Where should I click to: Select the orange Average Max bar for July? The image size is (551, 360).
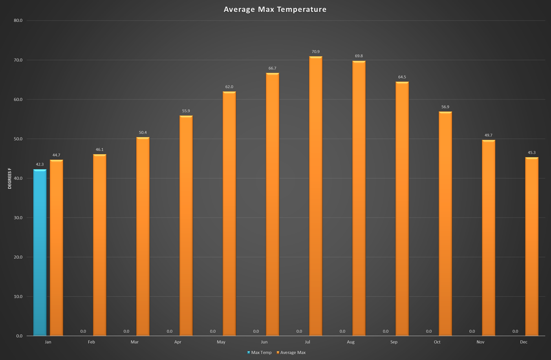pos(315,196)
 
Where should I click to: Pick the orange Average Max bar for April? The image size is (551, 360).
pos(186,226)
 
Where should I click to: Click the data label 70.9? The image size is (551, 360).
pos(315,52)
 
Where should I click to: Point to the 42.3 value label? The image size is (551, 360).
pos(40,164)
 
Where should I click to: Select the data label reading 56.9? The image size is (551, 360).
pos(445,107)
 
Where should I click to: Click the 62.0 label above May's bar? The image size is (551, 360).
pos(229,87)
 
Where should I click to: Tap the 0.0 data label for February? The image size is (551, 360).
pos(83,331)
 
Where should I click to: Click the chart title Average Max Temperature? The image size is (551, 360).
pos(275,9)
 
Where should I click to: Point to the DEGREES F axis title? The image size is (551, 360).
pos(10,179)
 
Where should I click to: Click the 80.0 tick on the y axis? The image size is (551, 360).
pos(18,20)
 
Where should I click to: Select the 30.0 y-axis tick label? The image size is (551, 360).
pos(18,217)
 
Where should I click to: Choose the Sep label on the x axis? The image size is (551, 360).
pos(394,342)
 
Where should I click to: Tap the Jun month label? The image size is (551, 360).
pos(264,342)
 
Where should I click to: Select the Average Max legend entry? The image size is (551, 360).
pos(293,353)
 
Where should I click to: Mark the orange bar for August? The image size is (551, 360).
pos(359,198)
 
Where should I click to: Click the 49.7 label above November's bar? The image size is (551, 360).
pos(488,135)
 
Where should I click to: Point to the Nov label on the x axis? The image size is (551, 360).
pos(480,342)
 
